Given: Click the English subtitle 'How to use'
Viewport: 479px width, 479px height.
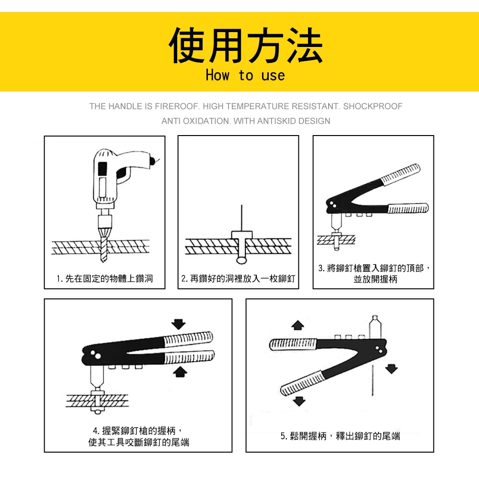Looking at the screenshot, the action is click(x=245, y=75).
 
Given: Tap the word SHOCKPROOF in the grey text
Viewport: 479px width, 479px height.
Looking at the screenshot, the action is click(x=373, y=106).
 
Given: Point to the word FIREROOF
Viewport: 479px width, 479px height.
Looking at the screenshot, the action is click(x=176, y=106).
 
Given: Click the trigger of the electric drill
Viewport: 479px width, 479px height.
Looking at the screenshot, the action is click(x=123, y=175).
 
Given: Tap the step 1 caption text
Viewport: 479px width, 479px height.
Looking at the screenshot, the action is click(x=104, y=279).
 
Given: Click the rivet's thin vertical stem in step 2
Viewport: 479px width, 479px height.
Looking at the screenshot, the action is click(x=241, y=218).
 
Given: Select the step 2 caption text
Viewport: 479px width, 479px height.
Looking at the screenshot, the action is click(x=238, y=279).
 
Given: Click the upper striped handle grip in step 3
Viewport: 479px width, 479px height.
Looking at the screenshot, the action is click(x=400, y=174).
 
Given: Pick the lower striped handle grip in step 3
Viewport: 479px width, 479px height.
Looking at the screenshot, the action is click(x=408, y=208).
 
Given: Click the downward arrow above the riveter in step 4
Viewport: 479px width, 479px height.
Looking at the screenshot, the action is click(x=178, y=324).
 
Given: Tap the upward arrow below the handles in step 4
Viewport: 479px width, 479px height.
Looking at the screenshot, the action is click(x=180, y=372).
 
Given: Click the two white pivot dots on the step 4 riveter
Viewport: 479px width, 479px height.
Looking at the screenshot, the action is click(x=96, y=354).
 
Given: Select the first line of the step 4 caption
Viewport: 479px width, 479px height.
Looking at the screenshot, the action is click(x=137, y=431).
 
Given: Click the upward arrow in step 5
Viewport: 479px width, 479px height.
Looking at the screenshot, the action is click(x=297, y=325).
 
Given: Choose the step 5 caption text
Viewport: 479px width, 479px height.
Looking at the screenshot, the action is click(x=340, y=436).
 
